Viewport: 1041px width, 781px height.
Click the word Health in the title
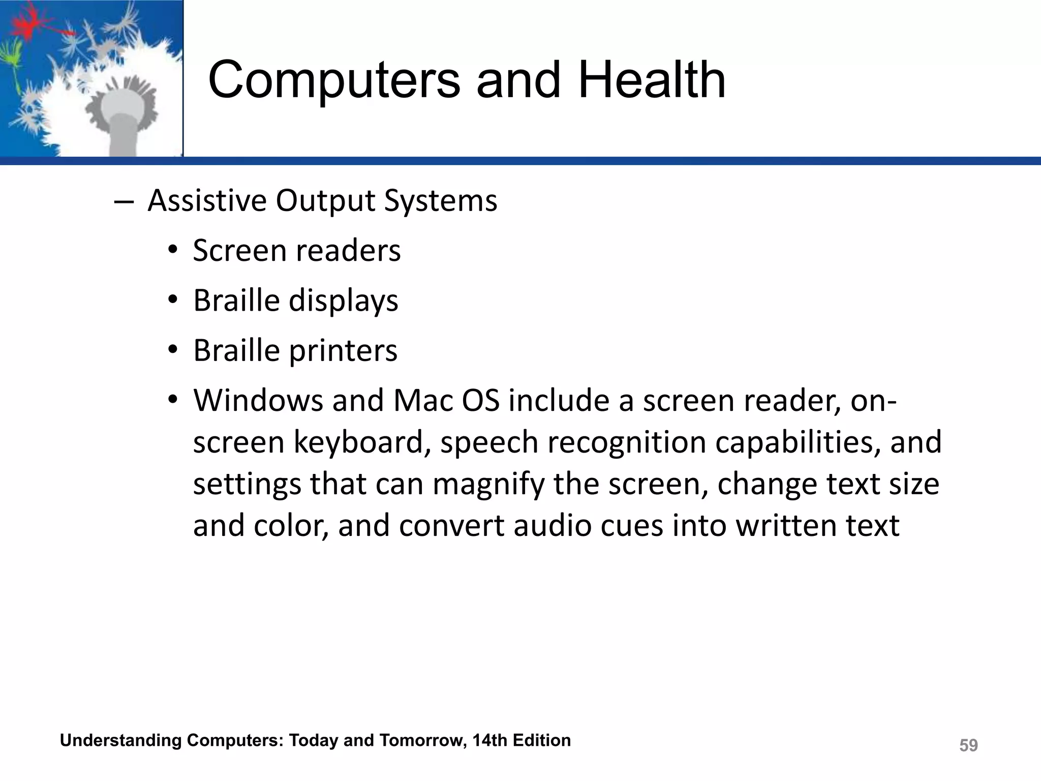[x=652, y=80]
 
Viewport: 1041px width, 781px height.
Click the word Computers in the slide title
[x=334, y=80]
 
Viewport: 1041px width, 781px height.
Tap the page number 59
[x=968, y=745]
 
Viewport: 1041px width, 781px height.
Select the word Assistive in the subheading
[x=207, y=200]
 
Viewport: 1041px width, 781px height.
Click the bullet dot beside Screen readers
[x=173, y=251]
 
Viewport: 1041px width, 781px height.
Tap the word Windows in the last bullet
[x=258, y=401]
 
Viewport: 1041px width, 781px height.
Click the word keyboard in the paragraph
[x=359, y=442]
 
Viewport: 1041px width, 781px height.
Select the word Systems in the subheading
[x=440, y=200]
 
